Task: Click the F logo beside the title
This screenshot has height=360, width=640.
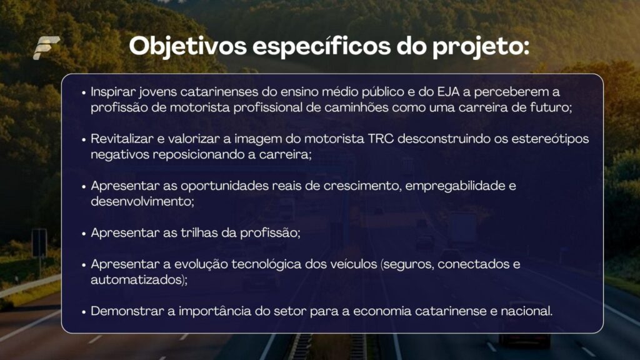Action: [46, 47]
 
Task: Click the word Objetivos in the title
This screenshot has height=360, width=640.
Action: [187, 46]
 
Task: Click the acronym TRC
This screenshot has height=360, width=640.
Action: [381, 139]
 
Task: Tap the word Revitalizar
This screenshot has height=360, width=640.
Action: [122, 139]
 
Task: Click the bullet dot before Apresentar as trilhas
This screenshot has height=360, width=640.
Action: [84, 234]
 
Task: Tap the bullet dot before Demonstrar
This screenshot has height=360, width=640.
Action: [84, 312]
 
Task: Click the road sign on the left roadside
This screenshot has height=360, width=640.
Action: [39, 243]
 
